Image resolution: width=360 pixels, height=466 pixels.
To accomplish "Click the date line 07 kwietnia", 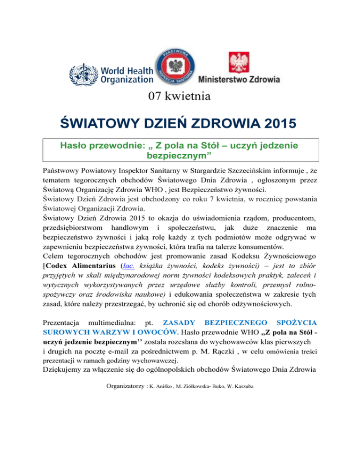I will click(x=180, y=97).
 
